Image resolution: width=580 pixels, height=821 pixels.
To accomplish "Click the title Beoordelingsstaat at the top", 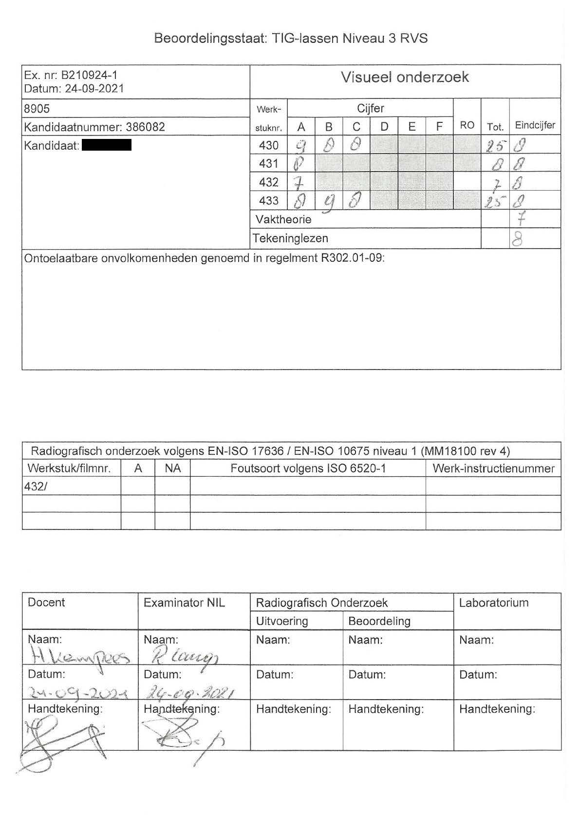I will coord(210,38).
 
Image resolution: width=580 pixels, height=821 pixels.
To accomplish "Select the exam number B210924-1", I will coord(89,76).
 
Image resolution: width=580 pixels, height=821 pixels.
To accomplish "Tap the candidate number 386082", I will coord(146,127).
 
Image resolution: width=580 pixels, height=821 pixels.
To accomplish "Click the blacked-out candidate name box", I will coord(107,145).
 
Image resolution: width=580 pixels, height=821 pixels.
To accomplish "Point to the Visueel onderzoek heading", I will coord(405,78).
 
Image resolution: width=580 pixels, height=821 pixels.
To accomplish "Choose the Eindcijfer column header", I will coord(535,125).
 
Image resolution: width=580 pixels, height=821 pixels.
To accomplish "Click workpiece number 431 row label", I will coord(269,163).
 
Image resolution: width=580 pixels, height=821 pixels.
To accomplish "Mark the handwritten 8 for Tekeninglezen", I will coord(518,239).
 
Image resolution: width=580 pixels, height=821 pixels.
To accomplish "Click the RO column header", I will coord(467,125).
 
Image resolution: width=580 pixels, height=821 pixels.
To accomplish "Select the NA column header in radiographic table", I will coord(172,469).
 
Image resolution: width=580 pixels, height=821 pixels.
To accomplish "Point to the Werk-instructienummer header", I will coord(493,469).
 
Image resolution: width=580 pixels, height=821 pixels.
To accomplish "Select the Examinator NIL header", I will coord(184,603).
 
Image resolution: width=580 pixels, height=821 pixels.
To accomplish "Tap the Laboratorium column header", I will coord(493,603).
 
